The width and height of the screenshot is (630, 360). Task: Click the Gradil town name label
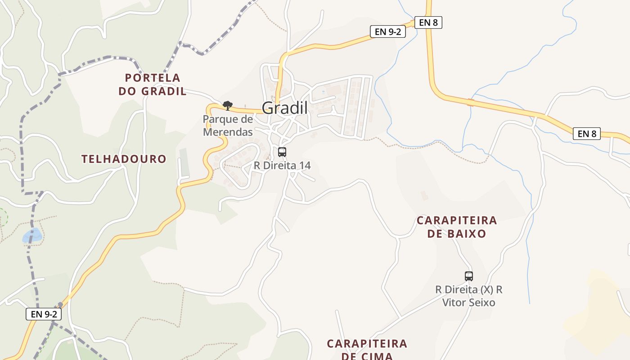click(x=284, y=108)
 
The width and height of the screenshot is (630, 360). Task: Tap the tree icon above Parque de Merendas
click(x=228, y=106)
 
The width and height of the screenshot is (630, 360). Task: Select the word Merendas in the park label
click(x=228, y=132)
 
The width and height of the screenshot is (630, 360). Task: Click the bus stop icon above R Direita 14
click(x=282, y=152)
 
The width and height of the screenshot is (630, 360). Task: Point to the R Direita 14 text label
click(x=282, y=166)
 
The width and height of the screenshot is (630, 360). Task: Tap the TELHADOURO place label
click(x=124, y=159)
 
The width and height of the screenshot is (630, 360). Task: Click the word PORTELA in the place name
click(x=153, y=78)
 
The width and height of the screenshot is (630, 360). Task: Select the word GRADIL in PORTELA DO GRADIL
click(x=164, y=91)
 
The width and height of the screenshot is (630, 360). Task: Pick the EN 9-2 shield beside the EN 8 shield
click(x=387, y=31)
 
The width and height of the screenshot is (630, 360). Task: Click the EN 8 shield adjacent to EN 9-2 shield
click(x=428, y=22)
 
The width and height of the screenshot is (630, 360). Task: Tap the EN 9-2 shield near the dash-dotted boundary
click(x=43, y=314)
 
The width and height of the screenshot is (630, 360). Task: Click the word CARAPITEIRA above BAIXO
click(x=457, y=220)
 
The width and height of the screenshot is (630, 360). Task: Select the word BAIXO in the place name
click(x=469, y=234)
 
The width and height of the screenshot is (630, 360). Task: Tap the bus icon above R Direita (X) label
click(x=469, y=276)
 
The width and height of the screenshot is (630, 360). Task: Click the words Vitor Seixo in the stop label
click(x=468, y=303)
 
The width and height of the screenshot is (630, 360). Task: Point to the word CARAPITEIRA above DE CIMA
click(x=367, y=344)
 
